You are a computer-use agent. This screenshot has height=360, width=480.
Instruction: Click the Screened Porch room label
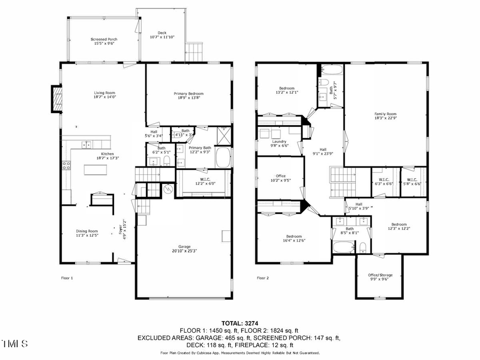pos(104,42)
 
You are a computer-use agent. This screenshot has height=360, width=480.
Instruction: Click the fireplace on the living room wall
pos(57,99)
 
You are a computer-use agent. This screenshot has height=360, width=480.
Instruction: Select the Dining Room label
pos(87,233)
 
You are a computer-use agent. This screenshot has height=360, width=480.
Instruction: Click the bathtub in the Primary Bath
pos(225,158)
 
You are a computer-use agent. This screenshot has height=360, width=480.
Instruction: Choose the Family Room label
pos(385,116)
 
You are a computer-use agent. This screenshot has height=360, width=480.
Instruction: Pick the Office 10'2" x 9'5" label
pos(281,178)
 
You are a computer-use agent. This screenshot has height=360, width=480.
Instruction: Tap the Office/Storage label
pos(380,277)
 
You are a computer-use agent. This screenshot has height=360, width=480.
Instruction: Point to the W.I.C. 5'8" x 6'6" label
pos(414,181)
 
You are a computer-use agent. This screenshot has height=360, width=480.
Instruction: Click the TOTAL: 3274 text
pos(239,323)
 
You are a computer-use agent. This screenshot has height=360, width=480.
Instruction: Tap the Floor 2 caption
pos(262,278)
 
